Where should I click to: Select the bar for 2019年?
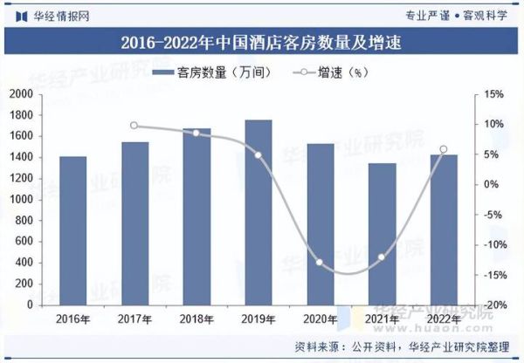pos(258,213)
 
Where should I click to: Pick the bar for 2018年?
pos(196,217)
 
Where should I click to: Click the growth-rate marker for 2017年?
pos(134,126)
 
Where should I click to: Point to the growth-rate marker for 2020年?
pos(320,263)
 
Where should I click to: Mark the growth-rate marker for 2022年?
pos(444,149)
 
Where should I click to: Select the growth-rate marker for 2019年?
pos(258,155)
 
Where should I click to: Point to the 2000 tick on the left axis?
pos(21,94)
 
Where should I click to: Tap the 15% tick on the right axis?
pos(493,94)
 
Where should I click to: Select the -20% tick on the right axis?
pos(493,305)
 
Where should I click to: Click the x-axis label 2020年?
pos(320,319)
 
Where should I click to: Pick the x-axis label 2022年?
pos(444,319)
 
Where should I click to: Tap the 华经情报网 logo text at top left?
pos(59,15)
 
